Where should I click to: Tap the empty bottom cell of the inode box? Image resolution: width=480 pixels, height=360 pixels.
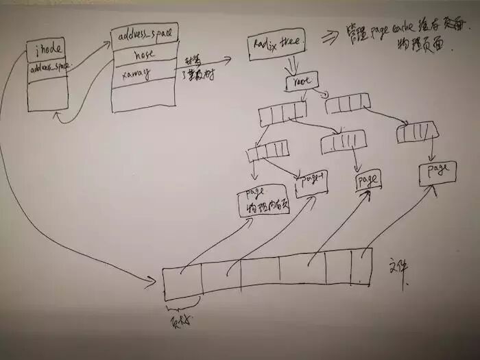(x=47, y=95)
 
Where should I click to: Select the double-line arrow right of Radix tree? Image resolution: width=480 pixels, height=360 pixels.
(x=329, y=38)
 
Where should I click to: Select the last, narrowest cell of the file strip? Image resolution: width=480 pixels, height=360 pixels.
(x=361, y=266)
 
